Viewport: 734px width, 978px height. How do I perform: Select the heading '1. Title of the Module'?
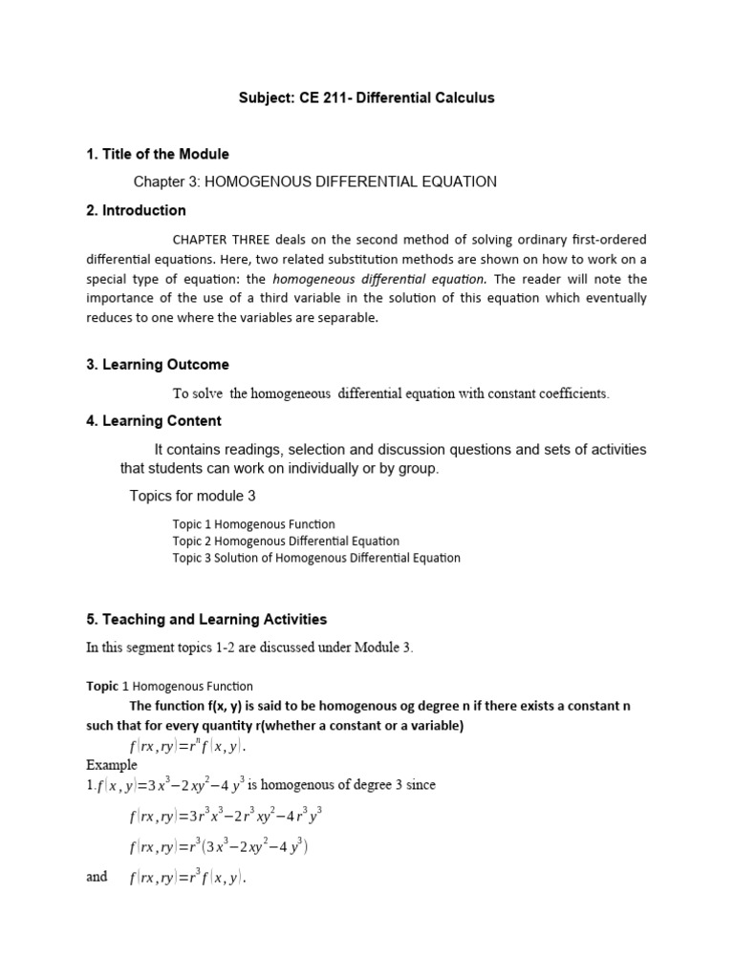[x=158, y=154]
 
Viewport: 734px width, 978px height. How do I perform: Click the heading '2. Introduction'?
[x=136, y=210]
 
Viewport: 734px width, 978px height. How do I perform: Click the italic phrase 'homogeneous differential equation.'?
[x=379, y=279]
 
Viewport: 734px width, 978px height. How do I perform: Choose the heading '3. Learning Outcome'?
[x=158, y=365]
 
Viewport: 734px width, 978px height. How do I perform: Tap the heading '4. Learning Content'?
[x=154, y=420]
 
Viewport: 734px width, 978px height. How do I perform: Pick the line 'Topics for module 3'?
[x=192, y=496]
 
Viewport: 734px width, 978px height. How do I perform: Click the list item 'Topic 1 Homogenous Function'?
[x=253, y=524]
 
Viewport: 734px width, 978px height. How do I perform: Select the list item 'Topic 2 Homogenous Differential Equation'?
[x=286, y=541]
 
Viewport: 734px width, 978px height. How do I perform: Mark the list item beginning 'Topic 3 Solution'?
[x=315, y=558]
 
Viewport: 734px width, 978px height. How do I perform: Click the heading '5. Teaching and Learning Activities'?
[x=206, y=620]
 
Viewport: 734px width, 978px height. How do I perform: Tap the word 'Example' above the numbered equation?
[x=112, y=765]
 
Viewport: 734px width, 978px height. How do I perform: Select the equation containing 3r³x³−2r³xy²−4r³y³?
[x=225, y=817]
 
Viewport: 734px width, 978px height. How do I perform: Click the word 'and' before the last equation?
[x=97, y=876]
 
